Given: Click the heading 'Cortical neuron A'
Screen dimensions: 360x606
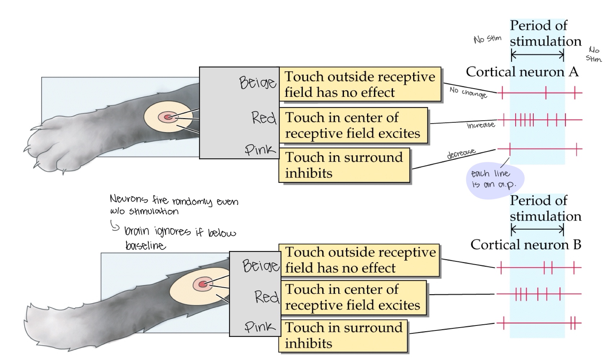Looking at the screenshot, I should tap(522, 72).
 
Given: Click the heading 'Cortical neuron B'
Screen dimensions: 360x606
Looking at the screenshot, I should tap(525, 245).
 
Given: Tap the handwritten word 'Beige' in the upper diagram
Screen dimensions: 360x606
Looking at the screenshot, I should tap(257, 83).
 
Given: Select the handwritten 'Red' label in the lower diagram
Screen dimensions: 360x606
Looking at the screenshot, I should tap(266, 297).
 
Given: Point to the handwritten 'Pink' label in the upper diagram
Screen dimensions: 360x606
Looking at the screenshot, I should tap(260, 149).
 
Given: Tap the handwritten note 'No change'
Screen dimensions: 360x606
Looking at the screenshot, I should tap(468, 92).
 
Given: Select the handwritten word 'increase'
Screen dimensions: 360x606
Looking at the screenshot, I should tap(480, 125).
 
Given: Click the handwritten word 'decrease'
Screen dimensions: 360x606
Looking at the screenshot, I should tap(461, 154).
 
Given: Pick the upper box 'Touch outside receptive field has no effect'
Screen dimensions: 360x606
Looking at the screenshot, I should tap(360, 85).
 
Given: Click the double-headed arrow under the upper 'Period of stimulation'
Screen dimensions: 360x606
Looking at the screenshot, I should tap(537, 55).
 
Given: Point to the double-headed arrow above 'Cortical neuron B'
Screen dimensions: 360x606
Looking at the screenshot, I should tap(537, 229).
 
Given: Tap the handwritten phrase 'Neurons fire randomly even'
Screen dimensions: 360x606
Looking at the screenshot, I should tap(173, 200).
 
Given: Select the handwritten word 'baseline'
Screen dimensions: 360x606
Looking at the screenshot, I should tap(145, 246).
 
